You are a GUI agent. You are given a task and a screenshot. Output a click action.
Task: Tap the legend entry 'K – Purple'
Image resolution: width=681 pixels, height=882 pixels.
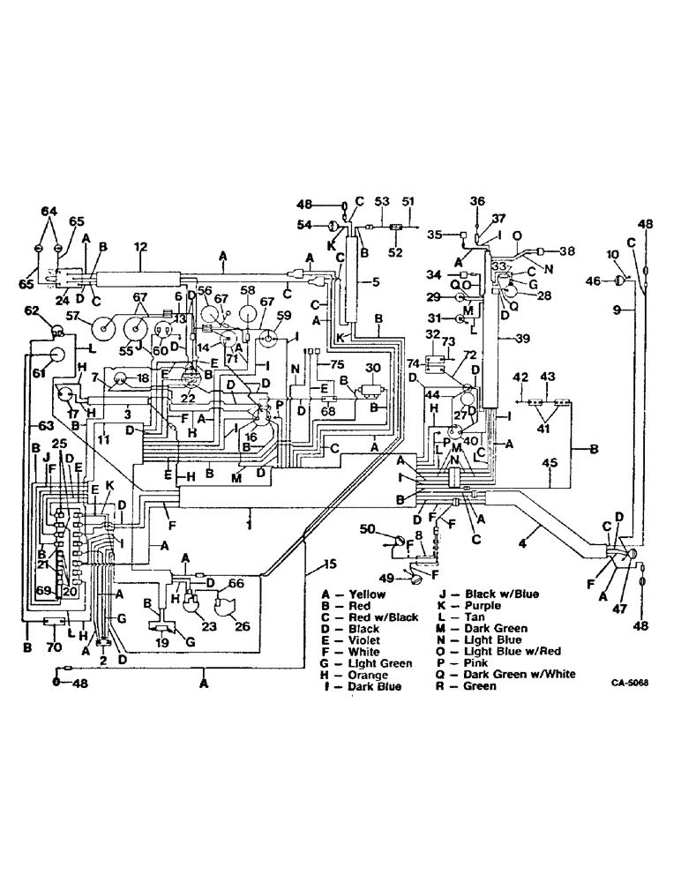[x=473, y=606]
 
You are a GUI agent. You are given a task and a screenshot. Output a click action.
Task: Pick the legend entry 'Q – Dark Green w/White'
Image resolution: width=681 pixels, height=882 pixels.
[x=505, y=675]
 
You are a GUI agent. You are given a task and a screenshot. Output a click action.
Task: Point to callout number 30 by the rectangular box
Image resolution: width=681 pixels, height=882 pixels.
[x=371, y=368]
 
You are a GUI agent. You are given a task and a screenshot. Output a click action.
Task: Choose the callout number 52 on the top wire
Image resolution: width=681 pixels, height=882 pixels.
[x=395, y=250]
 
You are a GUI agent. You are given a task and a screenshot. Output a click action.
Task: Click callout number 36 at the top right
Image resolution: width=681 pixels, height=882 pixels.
[x=478, y=201]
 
